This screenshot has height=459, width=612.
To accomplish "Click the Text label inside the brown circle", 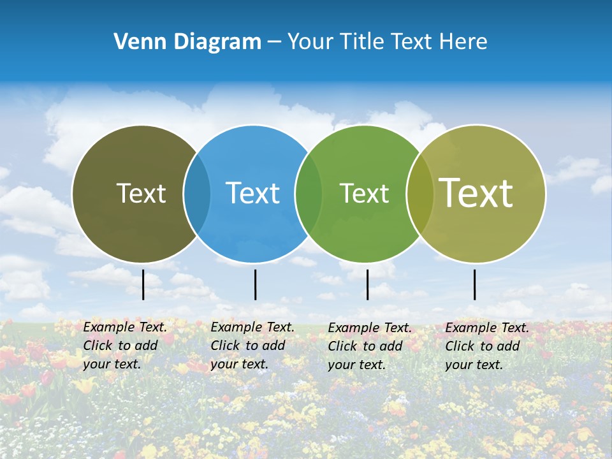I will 141,193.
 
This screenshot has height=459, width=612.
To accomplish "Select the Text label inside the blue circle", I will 253,193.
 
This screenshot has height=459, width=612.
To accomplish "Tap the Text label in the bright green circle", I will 364,193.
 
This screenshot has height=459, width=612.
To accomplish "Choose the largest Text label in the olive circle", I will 476,193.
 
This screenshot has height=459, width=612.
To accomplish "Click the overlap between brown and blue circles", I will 197,193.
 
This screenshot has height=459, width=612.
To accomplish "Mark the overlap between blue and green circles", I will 309,193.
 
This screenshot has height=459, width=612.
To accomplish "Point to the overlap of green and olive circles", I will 419,193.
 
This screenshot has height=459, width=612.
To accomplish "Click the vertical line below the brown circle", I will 143,284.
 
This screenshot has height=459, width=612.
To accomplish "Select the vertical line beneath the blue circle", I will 255,284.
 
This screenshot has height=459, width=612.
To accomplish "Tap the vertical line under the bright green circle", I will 368,284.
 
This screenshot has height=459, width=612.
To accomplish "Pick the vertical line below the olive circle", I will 475,284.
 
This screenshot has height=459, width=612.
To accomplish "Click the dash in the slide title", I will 274,43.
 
